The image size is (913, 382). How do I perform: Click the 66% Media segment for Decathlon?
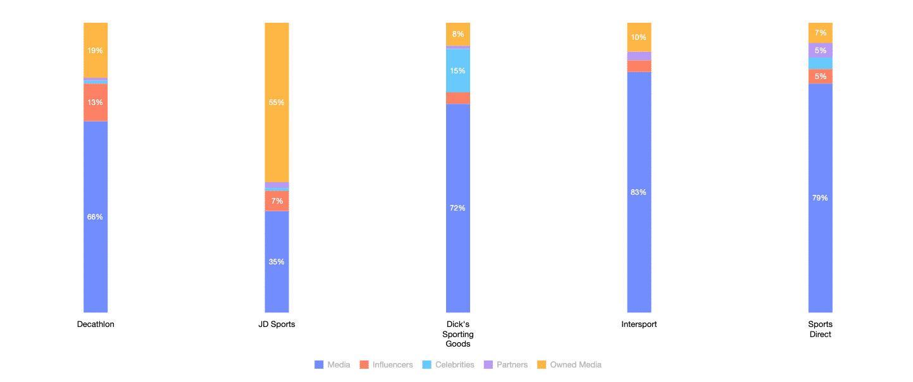pos(96,216)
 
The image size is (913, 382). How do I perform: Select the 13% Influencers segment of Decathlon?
pos(96,102)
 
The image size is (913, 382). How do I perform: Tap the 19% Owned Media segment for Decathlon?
pos(96,51)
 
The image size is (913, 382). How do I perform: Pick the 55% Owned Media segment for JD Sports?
pos(276,102)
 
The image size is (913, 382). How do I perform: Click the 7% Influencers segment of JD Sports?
pos(276,201)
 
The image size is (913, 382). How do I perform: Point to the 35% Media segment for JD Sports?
pos(276,261)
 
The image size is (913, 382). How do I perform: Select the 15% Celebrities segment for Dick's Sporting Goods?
pos(458,70)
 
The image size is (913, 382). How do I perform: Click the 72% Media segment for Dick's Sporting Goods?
pos(458,208)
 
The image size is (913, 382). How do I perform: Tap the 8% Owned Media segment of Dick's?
pos(458,34)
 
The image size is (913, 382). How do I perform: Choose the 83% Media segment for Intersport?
pos(639,192)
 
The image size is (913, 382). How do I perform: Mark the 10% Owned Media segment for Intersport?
pos(639,37)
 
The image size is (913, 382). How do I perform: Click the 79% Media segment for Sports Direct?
pos(820,198)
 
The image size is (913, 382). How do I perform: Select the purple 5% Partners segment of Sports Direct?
pos(820,51)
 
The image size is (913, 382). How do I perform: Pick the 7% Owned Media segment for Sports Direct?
pos(820,33)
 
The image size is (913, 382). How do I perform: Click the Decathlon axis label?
pos(96,324)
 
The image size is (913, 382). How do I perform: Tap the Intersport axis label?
pos(639,324)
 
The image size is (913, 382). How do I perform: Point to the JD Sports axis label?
pos(276,324)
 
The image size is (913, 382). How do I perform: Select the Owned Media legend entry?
pos(569,365)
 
